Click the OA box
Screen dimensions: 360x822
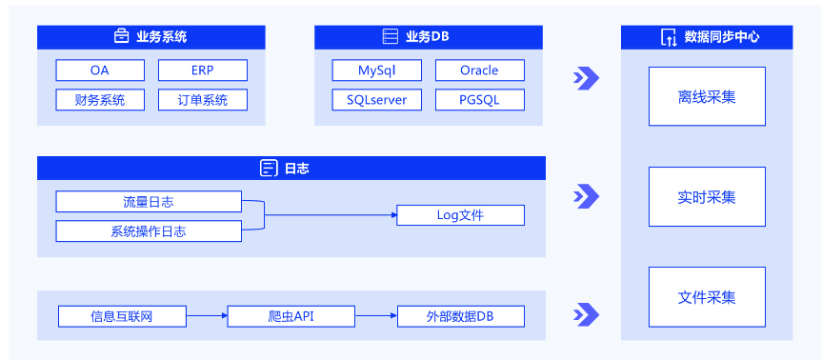click(100, 70)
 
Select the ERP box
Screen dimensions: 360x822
click(202, 70)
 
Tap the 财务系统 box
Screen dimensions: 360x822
click(100, 100)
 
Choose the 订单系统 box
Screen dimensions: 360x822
click(202, 100)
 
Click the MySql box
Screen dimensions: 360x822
click(376, 70)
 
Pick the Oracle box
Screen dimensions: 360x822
click(479, 70)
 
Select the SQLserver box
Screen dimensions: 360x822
click(376, 100)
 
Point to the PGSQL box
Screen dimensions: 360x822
click(479, 100)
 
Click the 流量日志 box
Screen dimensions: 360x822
click(149, 202)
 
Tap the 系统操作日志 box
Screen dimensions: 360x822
click(149, 231)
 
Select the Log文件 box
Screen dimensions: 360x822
click(460, 215)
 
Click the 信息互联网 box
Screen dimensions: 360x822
click(122, 316)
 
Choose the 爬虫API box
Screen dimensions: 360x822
click(291, 316)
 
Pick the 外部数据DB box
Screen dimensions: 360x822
click(460, 316)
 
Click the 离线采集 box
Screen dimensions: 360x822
click(707, 96)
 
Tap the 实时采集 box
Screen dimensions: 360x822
click(707, 197)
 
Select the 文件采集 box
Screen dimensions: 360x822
click(707, 297)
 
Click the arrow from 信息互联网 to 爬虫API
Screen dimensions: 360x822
click(207, 316)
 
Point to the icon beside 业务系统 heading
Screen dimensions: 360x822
click(122, 37)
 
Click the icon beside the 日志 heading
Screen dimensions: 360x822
click(269, 169)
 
